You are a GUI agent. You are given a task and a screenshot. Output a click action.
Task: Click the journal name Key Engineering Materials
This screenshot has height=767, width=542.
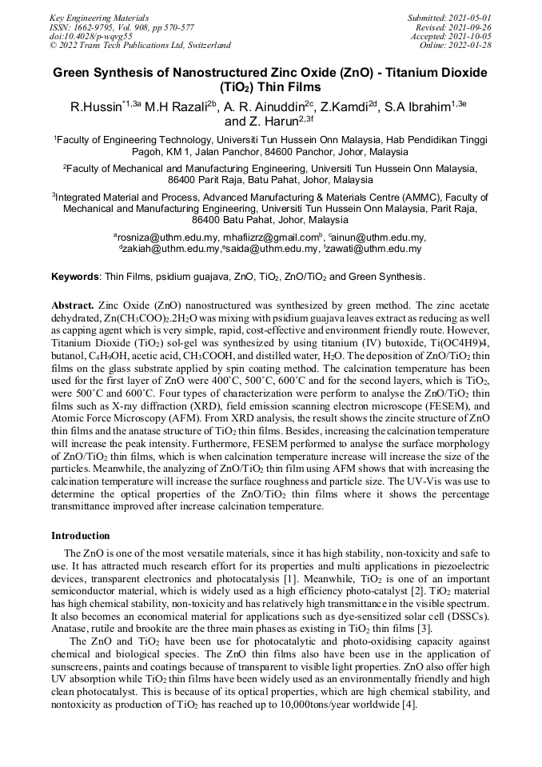[x=99, y=17]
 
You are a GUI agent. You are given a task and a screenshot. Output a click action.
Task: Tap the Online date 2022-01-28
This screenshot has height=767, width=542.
[x=471, y=46]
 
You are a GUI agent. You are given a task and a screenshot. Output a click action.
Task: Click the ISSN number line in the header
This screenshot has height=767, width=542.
[x=122, y=26]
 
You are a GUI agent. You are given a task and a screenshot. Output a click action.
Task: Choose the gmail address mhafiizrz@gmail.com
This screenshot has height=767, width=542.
[x=272, y=238]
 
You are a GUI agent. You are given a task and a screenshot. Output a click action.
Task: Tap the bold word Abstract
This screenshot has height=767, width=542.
[x=73, y=306]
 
